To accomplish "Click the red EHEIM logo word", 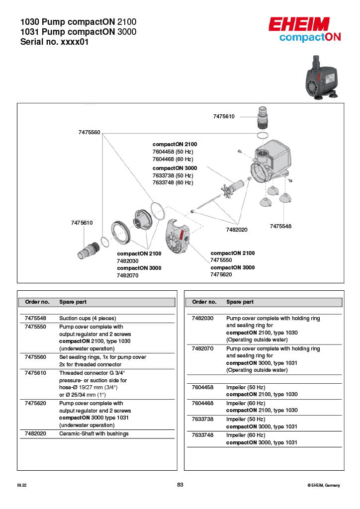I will click(x=299, y=25).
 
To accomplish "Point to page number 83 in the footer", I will click(x=180, y=485).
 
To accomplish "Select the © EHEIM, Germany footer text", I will click(x=324, y=485).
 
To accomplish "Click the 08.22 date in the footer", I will click(x=21, y=485).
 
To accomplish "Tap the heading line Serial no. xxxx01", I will click(x=54, y=42).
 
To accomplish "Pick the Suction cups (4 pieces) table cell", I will click(x=88, y=318).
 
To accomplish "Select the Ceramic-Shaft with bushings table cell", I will click(x=94, y=433).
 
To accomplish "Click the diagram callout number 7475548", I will click(x=280, y=226).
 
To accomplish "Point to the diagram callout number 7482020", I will click(x=237, y=230).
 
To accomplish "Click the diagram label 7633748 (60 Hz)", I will click(x=173, y=182).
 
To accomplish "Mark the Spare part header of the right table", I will click(x=240, y=302).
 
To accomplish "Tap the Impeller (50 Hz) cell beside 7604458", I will click(x=242, y=387).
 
